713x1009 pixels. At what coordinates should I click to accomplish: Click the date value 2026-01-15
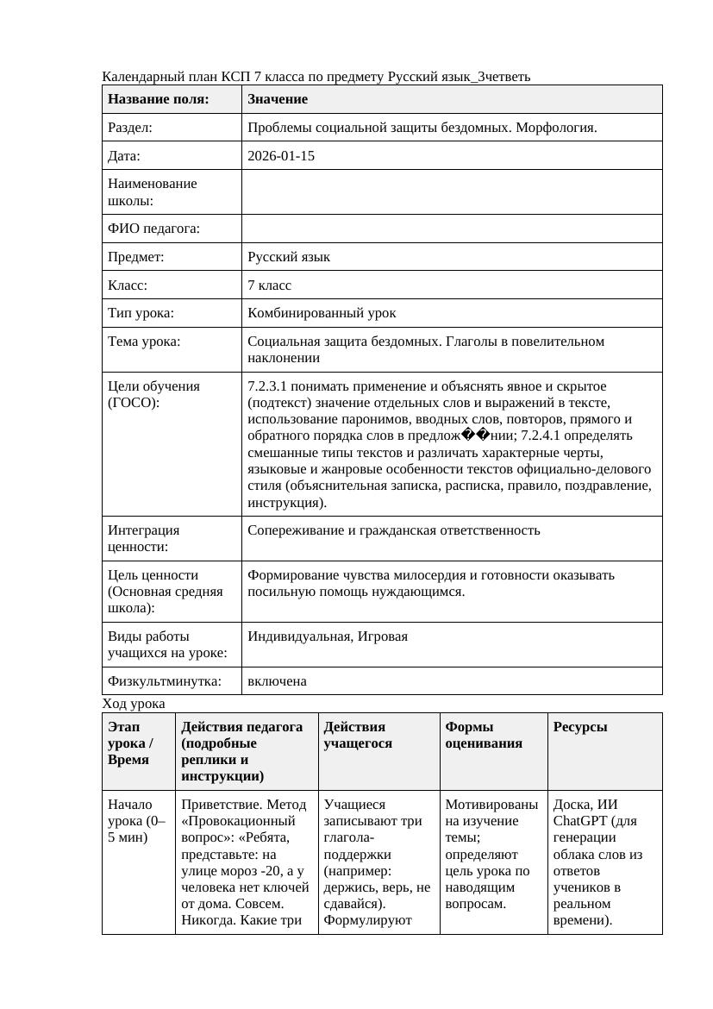[280, 156]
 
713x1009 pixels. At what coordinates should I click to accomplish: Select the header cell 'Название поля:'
[158, 99]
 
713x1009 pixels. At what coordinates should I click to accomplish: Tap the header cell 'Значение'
[277, 99]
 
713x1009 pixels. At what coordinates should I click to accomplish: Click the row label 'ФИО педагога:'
[153, 229]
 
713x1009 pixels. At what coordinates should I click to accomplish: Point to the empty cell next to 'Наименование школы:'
[451, 192]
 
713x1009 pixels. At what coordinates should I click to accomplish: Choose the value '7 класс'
[269, 285]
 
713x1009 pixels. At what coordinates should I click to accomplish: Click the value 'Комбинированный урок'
[322, 313]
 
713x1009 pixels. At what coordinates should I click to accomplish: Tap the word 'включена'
[277, 681]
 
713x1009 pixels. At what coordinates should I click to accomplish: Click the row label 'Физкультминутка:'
[164, 681]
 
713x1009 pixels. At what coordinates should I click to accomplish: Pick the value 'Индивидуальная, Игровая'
[328, 636]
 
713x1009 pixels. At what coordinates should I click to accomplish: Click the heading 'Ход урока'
[133, 704]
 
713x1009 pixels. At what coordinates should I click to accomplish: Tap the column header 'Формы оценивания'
[484, 735]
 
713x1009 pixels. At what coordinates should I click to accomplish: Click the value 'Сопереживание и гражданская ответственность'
[393, 530]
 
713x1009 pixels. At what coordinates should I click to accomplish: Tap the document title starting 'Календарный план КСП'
[316, 77]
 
